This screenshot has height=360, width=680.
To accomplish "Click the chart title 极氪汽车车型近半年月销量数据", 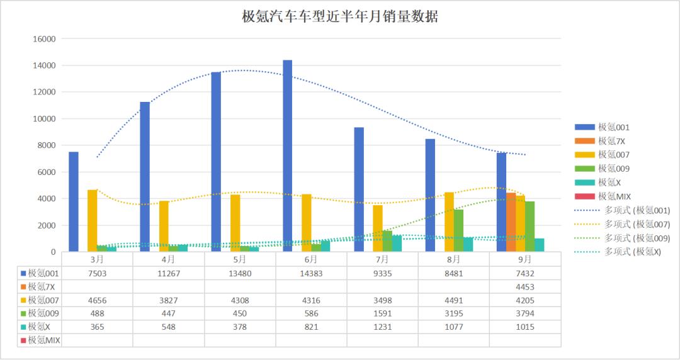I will pos(340,17).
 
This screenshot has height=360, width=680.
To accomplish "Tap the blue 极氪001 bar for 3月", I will pos(74,201).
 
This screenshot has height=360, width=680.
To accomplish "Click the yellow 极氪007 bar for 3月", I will pos(93,220).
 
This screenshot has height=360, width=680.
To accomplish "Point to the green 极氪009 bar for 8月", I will pos(458,230).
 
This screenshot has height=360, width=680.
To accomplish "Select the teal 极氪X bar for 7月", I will pos(397,244).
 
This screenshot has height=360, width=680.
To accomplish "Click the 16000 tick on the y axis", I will pos(44,39).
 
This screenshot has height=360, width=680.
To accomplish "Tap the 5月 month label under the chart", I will pos(240,259).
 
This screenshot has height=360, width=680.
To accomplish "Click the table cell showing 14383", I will pos(311,273).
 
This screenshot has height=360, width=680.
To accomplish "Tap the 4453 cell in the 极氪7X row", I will pos(524,287).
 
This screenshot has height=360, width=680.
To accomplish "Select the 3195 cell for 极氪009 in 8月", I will pos(453,313).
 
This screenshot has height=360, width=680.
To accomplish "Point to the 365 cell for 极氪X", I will pos(98,327).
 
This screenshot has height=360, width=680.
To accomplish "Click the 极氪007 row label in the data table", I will pos(44,300).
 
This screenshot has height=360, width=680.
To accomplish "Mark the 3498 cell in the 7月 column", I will pos(382,300).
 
